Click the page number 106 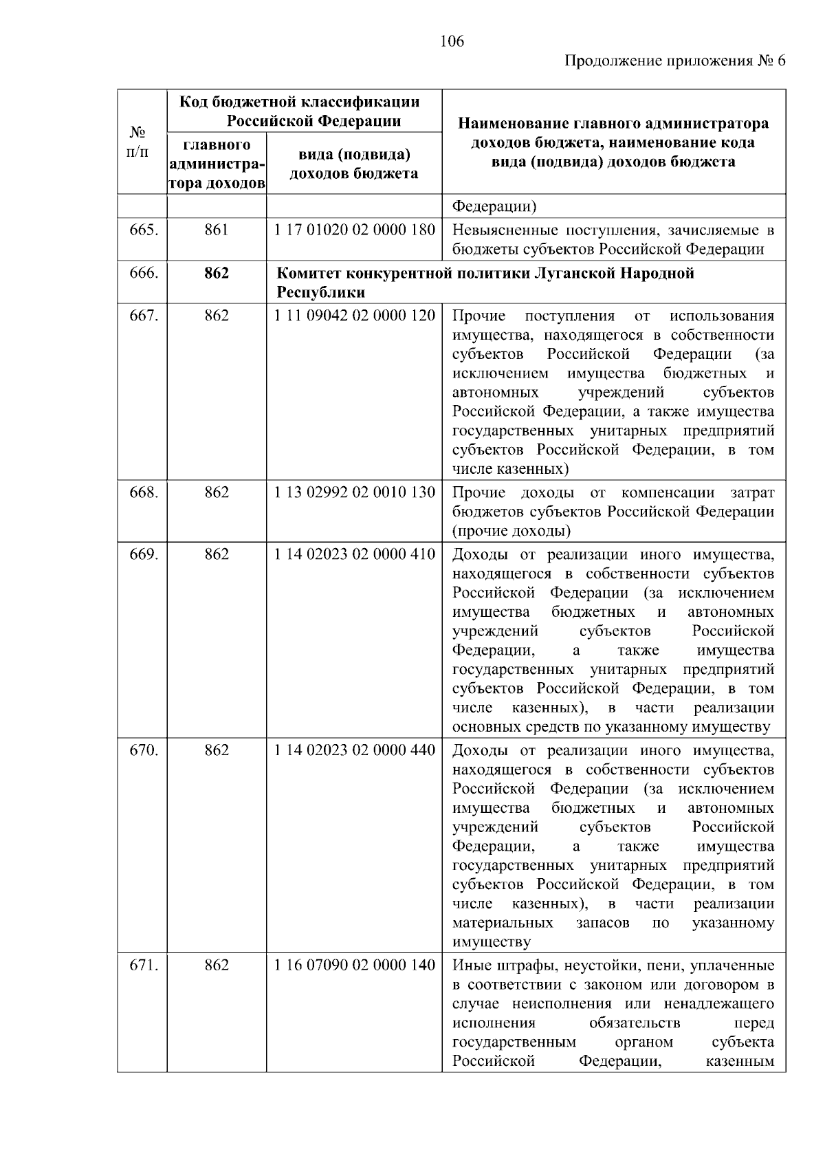click(x=452, y=41)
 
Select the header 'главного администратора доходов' click(x=216, y=164)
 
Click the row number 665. click(x=144, y=230)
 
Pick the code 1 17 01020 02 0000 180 click(x=354, y=230)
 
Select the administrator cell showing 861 click(x=216, y=230)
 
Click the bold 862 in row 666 click(x=216, y=273)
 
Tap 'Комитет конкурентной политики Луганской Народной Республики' click(x=485, y=282)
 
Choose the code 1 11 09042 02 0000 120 click(x=354, y=316)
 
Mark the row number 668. click(x=144, y=492)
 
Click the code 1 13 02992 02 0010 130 click(x=354, y=492)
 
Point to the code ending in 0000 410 click(x=354, y=554)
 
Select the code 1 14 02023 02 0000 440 click(x=354, y=750)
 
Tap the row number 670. click(x=144, y=750)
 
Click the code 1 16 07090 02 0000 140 click(x=354, y=966)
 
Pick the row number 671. click(x=144, y=966)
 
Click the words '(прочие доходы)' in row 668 click(x=511, y=531)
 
